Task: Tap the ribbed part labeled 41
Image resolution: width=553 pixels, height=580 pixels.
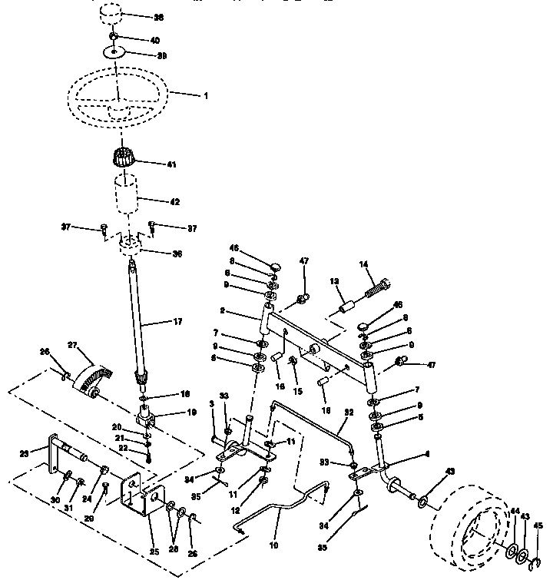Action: click(125, 159)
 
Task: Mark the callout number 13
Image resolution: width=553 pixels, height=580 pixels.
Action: click(334, 282)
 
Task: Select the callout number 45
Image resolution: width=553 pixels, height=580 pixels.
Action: click(538, 526)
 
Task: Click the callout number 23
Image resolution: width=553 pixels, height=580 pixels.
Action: click(22, 453)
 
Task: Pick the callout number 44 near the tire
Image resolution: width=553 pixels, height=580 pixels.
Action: click(515, 511)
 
